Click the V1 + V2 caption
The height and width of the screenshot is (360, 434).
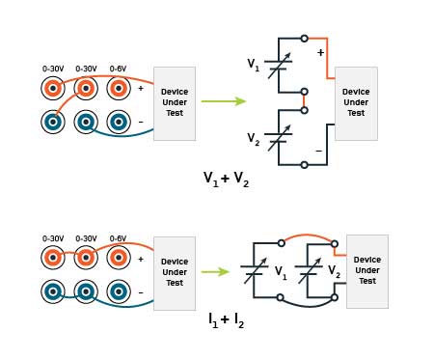[x=225, y=179]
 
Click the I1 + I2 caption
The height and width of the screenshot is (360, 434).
[x=226, y=319]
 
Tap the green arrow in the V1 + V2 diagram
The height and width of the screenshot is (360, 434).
[x=223, y=100]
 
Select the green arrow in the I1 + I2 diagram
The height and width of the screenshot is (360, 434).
[x=215, y=271]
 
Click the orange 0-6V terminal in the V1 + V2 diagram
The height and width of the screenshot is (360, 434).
[x=118, y=89]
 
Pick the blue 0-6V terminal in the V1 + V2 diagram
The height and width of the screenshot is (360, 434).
[x=118, y=123]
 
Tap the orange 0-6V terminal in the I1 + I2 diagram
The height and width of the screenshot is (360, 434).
[x=118, y=258]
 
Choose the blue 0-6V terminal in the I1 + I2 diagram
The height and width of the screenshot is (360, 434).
[x=118, y=291]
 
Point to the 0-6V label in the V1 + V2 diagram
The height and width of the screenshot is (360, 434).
[x=118, y=69]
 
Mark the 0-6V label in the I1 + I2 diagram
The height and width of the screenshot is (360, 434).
[x=118, y=238]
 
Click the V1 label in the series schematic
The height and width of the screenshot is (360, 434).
[x=253, y=66]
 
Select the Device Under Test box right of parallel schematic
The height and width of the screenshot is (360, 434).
[x=367, y=271]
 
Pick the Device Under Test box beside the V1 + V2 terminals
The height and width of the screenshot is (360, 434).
[x=175, y=103]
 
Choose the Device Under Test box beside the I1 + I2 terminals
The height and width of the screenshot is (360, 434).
[x=175, y=273]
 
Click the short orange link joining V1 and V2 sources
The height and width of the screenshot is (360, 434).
[x=305, y=100]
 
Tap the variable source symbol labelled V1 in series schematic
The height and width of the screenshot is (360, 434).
[x=279, y=67]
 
